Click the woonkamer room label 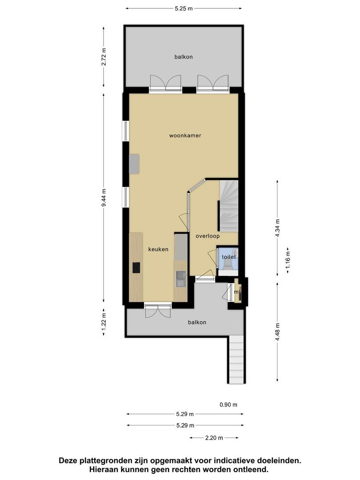click(x=185, y=135)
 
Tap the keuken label click(x=158, y=249)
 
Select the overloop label click(x=208, y=236)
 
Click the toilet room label click(x=229, y=257)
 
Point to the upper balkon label click(x=184, y=56)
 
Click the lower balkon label click(x=197, y=322)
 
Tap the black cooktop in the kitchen click(x=136, y=268)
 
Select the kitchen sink click(x=180, y=279)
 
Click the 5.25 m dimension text click(x=184, y=8)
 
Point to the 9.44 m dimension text click(x=104, y=197)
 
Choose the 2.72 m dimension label click(x=104, y=56)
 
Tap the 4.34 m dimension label click(x=277, y=228)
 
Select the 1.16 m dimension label click(x=288, y=260)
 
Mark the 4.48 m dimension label click(x=277, y=332)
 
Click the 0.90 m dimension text click(x=228, y=405)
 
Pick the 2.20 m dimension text click(x=214, y=438)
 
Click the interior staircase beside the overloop click(x=228, y=206)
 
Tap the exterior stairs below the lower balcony click(x=236, y=360)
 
